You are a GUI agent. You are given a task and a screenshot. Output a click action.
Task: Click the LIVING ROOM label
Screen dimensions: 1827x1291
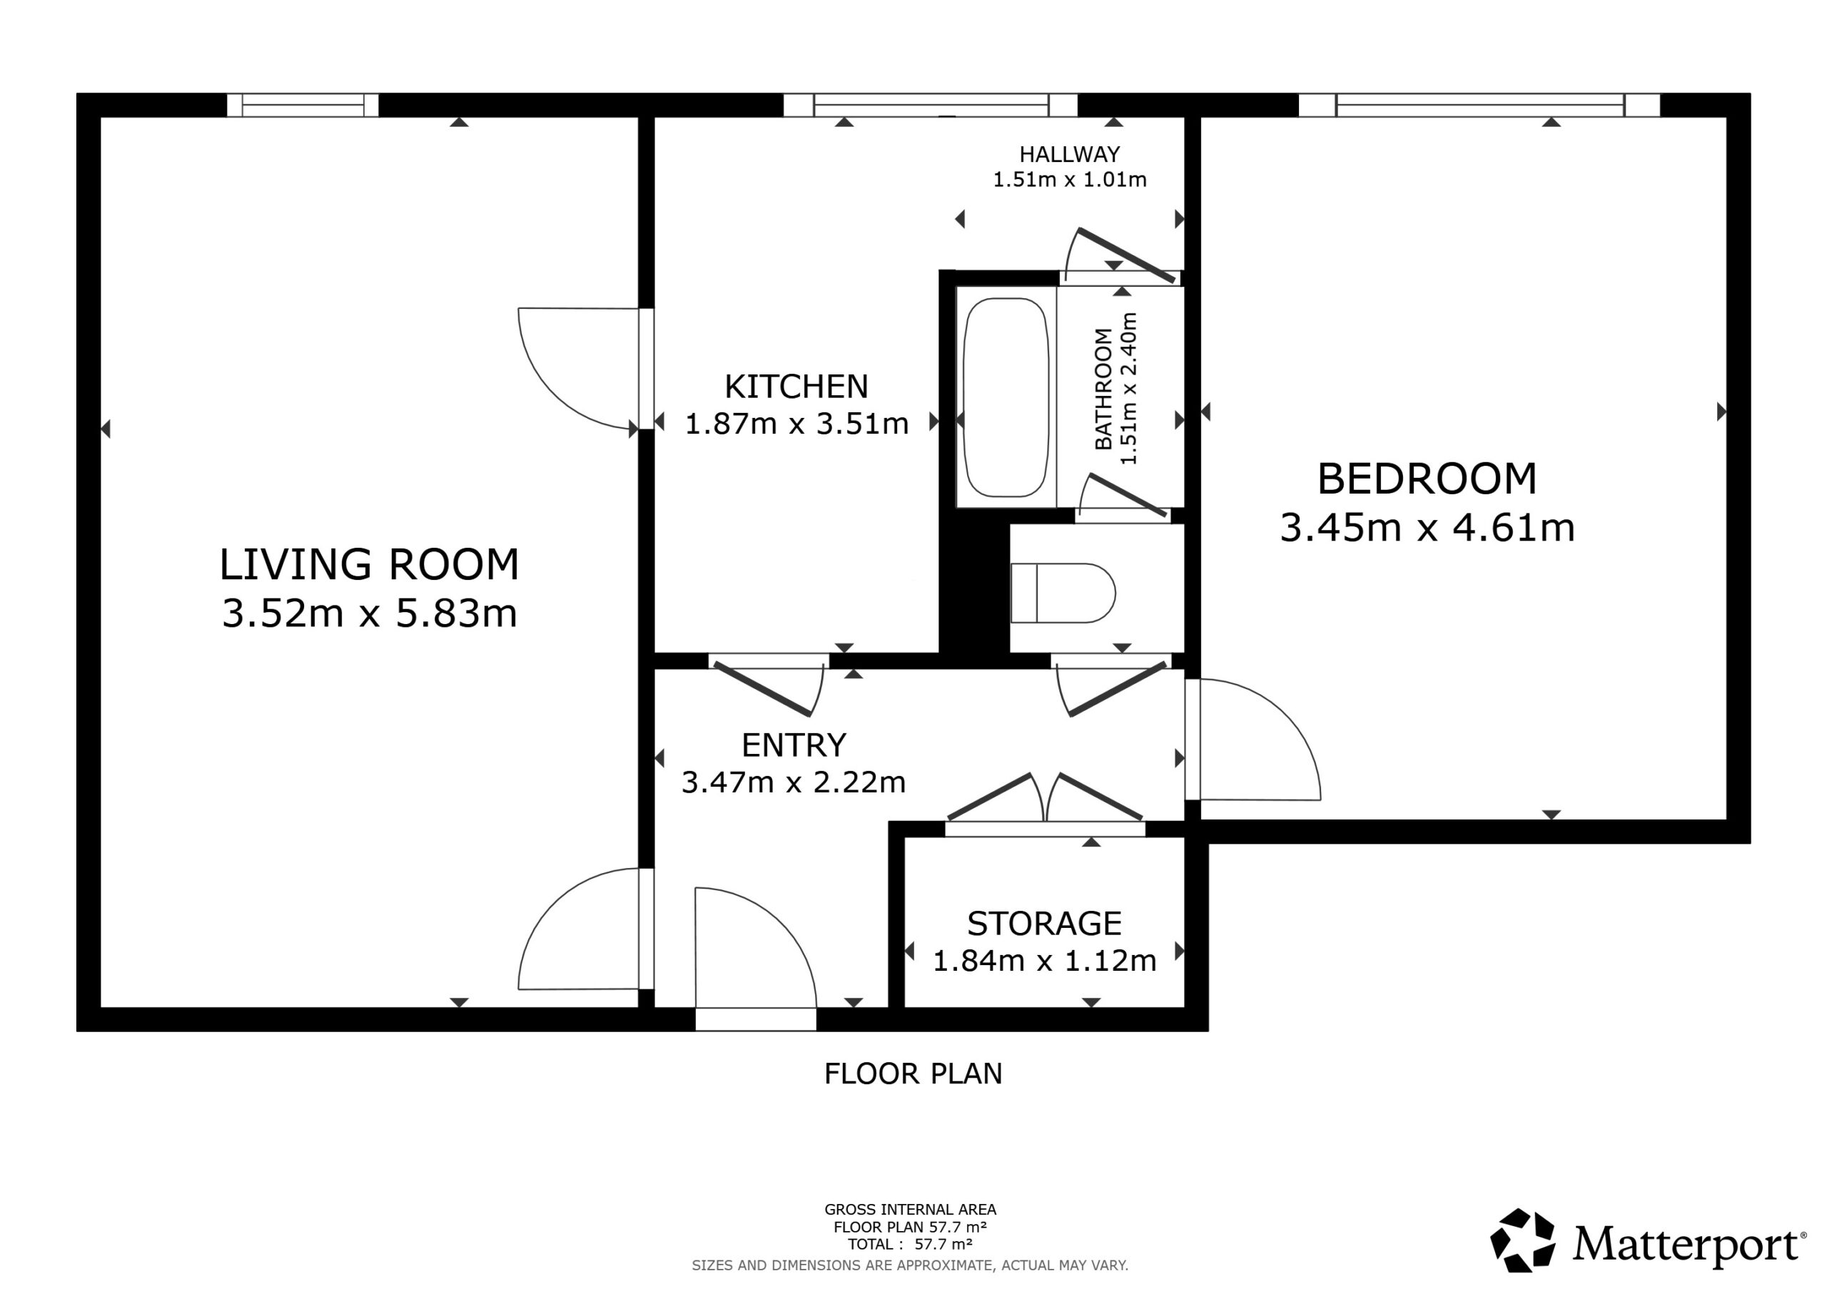(x=369, y=564)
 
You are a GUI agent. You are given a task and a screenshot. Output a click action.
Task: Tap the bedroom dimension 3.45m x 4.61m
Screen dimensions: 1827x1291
(x=1427, y=527)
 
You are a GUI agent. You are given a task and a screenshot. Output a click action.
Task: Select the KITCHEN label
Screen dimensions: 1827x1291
(x=796, y=387)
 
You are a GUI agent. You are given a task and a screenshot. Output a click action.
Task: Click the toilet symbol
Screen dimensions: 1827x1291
(x=1063, y=593)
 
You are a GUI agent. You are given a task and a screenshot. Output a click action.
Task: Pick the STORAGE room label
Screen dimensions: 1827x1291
(x=1044, y=924)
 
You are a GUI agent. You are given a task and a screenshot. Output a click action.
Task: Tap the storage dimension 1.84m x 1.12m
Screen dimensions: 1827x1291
(x=1044, y=961)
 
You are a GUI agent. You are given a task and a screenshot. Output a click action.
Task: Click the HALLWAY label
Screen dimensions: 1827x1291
(x=1070, y=154)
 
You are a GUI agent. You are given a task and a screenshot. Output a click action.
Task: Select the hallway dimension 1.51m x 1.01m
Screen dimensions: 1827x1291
(x=1070, y=180)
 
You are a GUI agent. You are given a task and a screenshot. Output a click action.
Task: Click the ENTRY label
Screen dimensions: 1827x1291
(x=794, y=745)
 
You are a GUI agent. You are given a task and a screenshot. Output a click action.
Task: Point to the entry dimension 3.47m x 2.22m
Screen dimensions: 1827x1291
(x=794, y=782)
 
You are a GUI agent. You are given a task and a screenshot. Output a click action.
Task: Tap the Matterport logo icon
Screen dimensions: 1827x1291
(x=1522, y=1241)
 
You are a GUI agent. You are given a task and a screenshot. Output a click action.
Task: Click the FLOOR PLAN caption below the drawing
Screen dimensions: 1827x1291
(x=913, y=1074)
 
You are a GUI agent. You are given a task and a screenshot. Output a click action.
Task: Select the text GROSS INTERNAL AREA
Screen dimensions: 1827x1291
(x=909, y=1210)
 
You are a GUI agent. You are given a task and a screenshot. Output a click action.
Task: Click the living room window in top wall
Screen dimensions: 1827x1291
(x=303, y=105)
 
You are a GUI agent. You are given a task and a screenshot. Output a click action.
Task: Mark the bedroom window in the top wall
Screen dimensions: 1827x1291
(x=1479, y=105)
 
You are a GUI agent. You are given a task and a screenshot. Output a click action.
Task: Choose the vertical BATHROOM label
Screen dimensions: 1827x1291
(x=1103, y=389)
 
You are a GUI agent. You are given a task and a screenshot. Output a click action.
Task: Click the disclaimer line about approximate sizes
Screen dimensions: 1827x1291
(x=909, y=1265)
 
